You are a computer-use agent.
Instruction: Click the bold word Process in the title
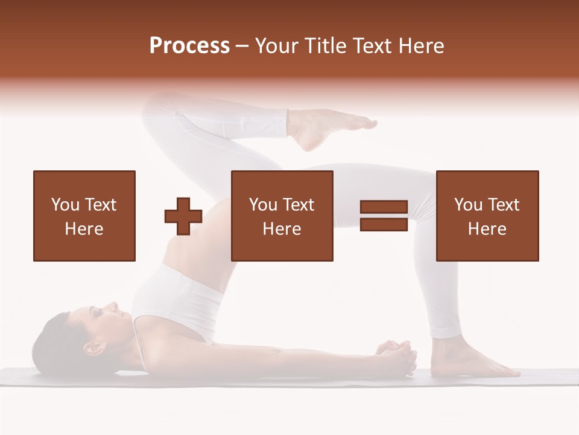(189, 46)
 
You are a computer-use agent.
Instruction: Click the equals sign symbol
(384, 216)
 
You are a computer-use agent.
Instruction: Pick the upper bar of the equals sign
(384, 208)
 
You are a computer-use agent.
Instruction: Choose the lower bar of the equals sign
(384, 224)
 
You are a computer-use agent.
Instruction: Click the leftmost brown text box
(84, 216)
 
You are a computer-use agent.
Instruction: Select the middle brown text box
(282, 216)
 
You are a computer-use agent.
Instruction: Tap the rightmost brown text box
(487, 216)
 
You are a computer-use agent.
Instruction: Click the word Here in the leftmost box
(84, 229)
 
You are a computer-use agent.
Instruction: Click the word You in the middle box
(263, 205)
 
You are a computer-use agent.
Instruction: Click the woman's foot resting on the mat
(476, 362)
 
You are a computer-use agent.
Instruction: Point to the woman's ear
(92, 349)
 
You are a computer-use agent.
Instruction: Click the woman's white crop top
(175, 302)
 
